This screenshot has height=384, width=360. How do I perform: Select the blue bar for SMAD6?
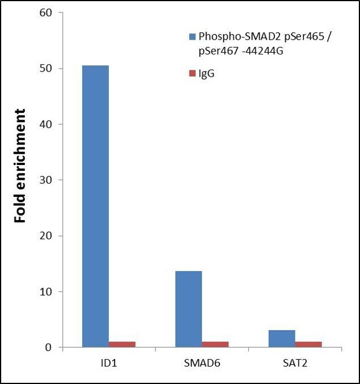pyautogui.click(x=188, y=309)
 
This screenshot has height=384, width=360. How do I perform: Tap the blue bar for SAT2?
pyautogui.click(x=281, y=339)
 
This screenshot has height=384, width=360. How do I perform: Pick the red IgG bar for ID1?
pyautogui.click(x=122, y=344)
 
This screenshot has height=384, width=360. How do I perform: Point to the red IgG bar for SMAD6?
pyautogui.click(x=215, y=344)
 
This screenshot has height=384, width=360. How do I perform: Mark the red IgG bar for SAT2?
pyautogui.click(x=308, y=344)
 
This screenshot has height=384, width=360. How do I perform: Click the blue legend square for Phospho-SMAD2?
pyautogui.click(x=192, y=36)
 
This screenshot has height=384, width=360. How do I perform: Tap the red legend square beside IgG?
pyautogui.click(x=192, y=74)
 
